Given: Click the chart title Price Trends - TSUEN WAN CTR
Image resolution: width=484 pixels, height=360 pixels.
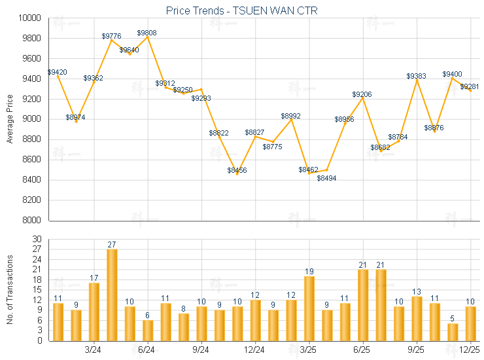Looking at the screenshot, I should coord(242,10).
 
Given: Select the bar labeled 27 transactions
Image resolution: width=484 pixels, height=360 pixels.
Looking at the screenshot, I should coord(112,295).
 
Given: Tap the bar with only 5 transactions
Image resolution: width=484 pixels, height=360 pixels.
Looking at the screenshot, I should coord(453,332).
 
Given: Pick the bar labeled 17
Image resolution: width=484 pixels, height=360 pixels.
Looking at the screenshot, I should coord(94,312).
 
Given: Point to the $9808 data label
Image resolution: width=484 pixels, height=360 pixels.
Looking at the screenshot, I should coord(147,33).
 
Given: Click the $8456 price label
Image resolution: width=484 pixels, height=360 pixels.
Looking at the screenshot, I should coord(237,170).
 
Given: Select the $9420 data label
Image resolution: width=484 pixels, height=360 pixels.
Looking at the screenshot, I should coord(57,72).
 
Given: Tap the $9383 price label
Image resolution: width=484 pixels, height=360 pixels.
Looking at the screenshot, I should coord(417,77).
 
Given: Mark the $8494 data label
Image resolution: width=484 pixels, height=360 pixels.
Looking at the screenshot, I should coord(327,178).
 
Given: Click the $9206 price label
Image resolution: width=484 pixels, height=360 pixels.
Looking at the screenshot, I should coord(362,95).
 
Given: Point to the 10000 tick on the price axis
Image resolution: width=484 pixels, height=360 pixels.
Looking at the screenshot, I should coord(29,18).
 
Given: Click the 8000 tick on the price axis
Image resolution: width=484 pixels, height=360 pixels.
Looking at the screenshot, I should coord(31,220).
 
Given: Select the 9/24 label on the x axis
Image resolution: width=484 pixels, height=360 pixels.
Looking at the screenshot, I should coord(201,351).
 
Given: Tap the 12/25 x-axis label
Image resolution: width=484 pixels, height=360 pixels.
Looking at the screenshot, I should coord(470,351).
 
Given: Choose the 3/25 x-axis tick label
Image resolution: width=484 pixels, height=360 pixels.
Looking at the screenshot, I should coord(309,351).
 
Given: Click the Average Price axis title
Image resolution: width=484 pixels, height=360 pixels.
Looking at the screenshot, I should coord(10,119).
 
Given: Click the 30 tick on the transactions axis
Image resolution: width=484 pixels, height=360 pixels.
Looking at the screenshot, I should coord(37,240).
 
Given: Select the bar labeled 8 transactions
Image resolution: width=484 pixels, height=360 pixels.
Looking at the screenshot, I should coord(184,327).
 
